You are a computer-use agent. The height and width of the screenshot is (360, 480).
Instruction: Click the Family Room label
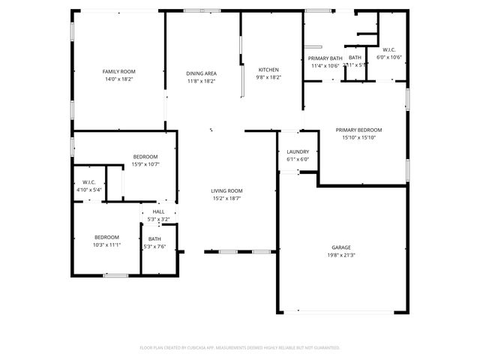coord(118,71)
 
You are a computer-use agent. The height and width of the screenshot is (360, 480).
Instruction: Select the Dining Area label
coord(202,73)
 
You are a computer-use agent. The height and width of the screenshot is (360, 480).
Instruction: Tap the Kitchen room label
coord(268,70)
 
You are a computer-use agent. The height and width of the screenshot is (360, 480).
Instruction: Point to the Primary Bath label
coord(325,58)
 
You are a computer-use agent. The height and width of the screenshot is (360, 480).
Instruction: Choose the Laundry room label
coord(298,152)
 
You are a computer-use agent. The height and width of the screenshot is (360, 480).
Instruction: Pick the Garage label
coord(341,247)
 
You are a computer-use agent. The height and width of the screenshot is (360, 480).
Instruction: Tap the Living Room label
coord(226,190)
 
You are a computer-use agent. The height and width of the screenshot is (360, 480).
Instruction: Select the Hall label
coord(158,212)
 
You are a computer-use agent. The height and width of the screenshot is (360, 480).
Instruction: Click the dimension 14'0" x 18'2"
coord(118,78)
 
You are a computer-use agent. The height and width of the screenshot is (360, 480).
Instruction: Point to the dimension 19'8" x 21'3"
coord(341,255)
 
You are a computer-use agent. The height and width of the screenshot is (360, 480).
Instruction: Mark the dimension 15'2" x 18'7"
coord(226,198)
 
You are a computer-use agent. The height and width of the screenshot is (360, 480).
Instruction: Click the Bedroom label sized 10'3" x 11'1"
coord(107,238)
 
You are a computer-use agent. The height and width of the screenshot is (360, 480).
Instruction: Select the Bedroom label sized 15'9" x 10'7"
coord(145,157)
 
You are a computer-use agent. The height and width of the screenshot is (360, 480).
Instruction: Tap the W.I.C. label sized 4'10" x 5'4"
coord(88,182)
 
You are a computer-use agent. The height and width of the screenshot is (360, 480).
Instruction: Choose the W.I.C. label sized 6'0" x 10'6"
coord(391,51)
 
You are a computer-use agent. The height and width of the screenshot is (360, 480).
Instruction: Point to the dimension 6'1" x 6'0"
coord(298,159)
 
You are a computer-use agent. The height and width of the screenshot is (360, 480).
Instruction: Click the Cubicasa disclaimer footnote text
coord(240,347)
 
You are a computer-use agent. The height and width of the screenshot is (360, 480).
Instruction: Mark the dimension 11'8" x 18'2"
coord(202,81)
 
